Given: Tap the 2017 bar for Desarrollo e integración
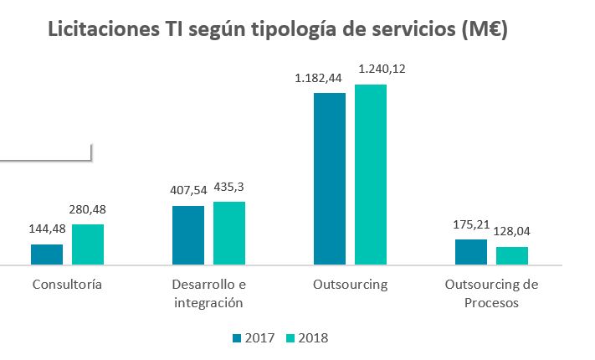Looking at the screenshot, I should click(188, 235).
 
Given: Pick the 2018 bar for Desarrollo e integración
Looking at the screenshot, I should click(228, 233).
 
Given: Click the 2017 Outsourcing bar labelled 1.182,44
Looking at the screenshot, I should click(329, 178).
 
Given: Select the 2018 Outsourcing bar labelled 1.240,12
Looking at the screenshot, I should click(370, 174).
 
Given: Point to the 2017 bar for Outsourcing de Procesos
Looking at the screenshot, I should click(471, 252).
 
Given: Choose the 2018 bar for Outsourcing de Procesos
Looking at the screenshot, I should click(511, 255).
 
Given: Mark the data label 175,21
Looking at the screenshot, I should click(471, 226).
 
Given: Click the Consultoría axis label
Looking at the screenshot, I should click(67, 284).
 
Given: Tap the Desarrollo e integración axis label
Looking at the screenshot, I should click(208, 293).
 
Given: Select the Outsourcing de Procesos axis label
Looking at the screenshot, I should click(492, 293).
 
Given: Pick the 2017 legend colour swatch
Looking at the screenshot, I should click(237, 338).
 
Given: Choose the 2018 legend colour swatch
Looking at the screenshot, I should click(291, 338).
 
